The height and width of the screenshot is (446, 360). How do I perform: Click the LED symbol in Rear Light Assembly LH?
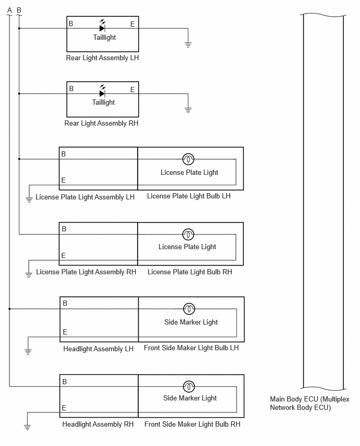(x=103, y=26)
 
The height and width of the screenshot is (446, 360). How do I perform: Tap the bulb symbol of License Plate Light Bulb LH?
(x=188, y=159)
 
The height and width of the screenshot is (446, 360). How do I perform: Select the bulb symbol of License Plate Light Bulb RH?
(x=188, y=235)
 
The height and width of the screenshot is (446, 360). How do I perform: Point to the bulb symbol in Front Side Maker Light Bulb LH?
(x=189, y=309)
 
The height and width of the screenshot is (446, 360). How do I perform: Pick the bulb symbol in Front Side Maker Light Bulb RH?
(x=189, y=386)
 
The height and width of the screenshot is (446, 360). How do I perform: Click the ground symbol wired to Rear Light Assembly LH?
(x=188, y=44)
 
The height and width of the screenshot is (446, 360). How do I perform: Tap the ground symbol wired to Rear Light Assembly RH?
(x=188, y=110)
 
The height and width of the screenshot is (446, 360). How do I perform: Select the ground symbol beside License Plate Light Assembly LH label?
(x=29, y=199)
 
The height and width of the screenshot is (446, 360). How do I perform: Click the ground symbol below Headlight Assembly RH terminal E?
(x=27, y=427)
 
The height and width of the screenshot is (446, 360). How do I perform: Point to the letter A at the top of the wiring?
(x=9, y=10)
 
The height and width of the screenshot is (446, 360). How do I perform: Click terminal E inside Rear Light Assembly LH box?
(x=132, y=25)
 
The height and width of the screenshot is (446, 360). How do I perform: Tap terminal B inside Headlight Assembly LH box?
(x=65, y=304)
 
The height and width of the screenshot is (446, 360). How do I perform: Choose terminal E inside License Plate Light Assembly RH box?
(x=63, y=255)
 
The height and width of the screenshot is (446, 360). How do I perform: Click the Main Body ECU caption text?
(x=310, y=403)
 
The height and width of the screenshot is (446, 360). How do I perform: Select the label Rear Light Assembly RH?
(x=102, y=124)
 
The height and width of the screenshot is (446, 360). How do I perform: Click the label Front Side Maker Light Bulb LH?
(x=192, y=348)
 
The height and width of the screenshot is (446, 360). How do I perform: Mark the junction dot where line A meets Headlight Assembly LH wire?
(x=9, y=309)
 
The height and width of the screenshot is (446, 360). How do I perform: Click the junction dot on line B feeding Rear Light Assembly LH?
(x=19, y=28)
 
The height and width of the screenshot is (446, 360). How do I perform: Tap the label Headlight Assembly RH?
(x=98, y=425)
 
